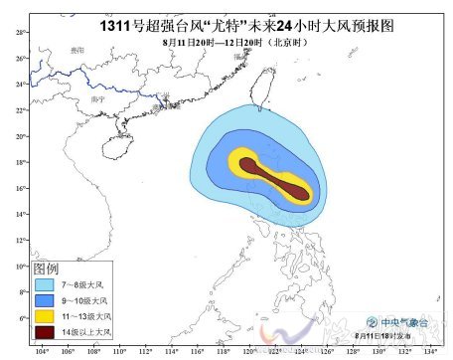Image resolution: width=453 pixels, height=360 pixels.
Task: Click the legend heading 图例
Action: [46, 270]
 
